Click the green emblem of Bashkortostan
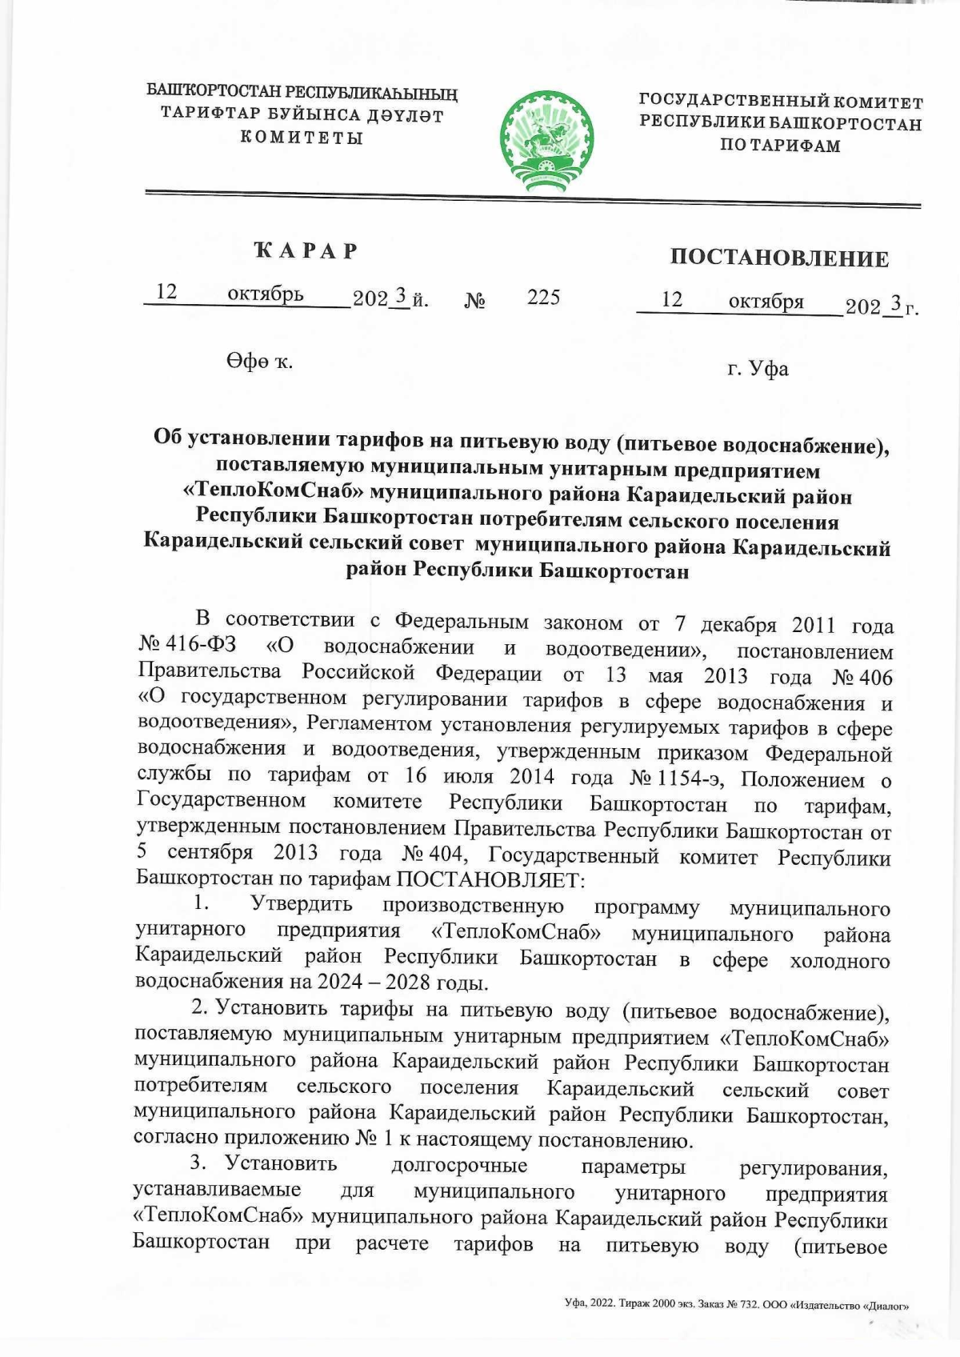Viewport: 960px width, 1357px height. pyautogui.click(x=547, y=142)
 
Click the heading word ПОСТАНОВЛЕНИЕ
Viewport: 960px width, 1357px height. pyautogui.click(x=779, y=258)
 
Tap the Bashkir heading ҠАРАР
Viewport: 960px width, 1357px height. pyautogui.click(x=306, y=251)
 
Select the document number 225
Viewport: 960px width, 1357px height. pyautogui.click(x=543, y=298)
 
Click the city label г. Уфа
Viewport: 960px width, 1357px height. pyautogui.click(x=758, y=369)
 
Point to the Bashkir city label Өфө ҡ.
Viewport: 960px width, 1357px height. pyautogui.click(x=259, y=362)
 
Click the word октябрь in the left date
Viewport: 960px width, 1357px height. pyautogui.click(x=265, y=294)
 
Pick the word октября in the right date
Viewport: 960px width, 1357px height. pyautogui.click(x=766, y=302)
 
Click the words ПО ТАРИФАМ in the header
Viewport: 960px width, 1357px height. pyautogui.click(x=780, y=146)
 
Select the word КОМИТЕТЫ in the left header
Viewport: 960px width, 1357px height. pyautogui.click(x=302, y=137)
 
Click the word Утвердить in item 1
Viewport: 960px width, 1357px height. pyautogui.click(x=302, y=904)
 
